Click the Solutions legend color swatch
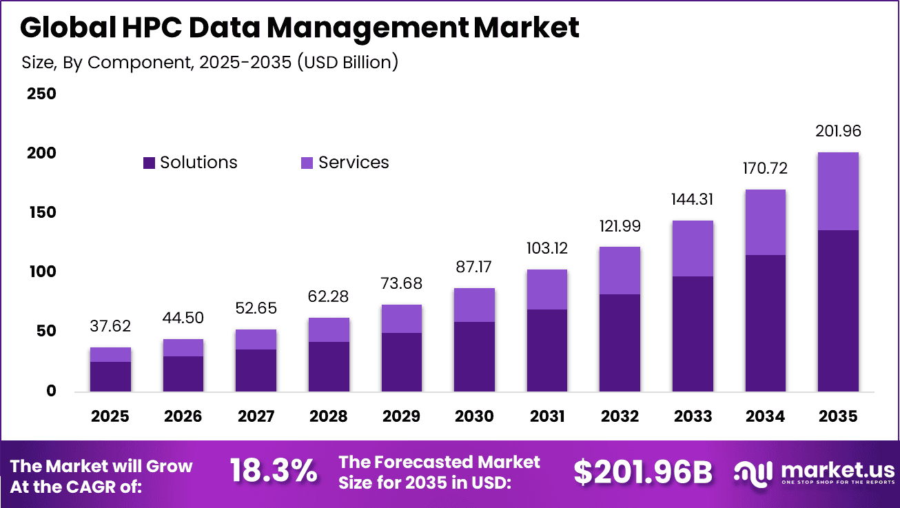150,163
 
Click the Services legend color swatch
307,163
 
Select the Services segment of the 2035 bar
837,192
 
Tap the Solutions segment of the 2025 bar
110,376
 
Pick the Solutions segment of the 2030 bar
474,356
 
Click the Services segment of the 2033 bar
693,249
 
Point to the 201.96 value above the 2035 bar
837,132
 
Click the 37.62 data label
110,326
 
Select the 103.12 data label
546,248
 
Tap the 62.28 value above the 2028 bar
329,297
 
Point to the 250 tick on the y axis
41,94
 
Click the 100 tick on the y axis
41,272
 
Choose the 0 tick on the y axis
50,392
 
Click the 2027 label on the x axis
256,417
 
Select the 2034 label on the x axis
765,417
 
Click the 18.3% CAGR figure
274,472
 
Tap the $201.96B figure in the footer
642,472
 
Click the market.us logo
814,474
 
